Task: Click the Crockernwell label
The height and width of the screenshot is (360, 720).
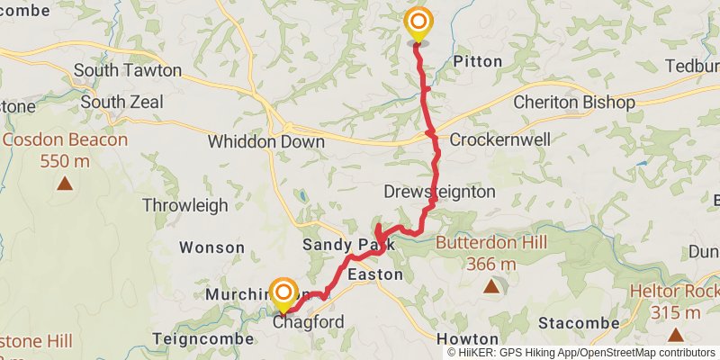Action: click(494, 139)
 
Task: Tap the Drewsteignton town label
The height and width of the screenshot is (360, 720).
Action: click(439, 192)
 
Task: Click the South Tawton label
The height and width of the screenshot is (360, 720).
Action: click(128, 70)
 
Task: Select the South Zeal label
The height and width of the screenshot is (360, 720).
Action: click(121, 103)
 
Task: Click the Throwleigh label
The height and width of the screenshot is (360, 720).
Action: click(185, 205)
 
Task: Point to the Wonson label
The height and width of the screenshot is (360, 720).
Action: click(211, 247)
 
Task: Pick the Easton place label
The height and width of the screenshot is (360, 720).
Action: click(374, 274)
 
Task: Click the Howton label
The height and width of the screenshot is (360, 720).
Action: click(467, 338)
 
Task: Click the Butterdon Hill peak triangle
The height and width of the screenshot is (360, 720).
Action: click(490, 287)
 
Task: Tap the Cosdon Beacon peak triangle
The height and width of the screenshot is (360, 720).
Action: click(65, 184)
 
